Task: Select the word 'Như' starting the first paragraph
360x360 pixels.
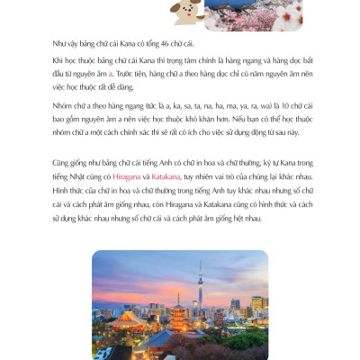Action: (x=61, y=42)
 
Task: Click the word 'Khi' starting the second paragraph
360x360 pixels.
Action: (x=59, y=58)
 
